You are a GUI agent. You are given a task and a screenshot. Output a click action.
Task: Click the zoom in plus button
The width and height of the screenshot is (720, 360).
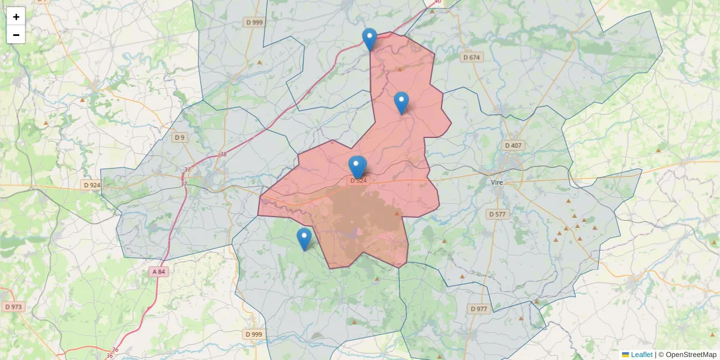[x=16, y=17]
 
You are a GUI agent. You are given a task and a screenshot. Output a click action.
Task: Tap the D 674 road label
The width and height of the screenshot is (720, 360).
[x=472, y=58]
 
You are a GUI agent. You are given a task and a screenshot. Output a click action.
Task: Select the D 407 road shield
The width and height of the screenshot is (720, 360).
[x=514, y=145]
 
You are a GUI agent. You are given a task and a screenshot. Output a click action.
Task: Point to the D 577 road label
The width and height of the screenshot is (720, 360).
[x=497, y=214]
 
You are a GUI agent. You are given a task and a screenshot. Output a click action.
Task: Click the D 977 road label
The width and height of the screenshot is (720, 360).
[x=479, y=309]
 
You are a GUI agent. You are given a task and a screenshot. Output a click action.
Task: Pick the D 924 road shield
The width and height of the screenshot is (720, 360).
[x=92, y=185]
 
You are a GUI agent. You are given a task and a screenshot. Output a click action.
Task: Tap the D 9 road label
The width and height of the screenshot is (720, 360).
[x=179, y=137]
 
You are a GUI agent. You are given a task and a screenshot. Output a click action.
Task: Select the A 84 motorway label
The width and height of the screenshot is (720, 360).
[x=158, y=272]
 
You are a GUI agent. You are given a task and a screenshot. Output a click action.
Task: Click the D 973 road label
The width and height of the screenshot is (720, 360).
[x=13, y=307]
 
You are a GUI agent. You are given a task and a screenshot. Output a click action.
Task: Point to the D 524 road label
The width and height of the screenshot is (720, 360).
[x=358, y=180]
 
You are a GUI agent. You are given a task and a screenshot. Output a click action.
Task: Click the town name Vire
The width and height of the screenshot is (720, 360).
[x=497, y=182]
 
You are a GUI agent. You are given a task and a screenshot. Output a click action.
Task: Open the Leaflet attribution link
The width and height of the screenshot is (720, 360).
[x=641, y=355]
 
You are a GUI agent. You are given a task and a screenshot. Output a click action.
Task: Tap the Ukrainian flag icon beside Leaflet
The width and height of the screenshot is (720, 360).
[x=625, y=355]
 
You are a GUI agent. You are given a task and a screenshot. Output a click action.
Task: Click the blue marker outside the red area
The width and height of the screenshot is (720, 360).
[x=304, y=239]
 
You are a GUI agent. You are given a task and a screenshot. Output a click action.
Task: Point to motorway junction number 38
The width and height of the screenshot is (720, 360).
[x=223, y=155]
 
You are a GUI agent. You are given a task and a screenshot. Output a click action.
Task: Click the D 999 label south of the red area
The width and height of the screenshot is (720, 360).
[x=254, y=334]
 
